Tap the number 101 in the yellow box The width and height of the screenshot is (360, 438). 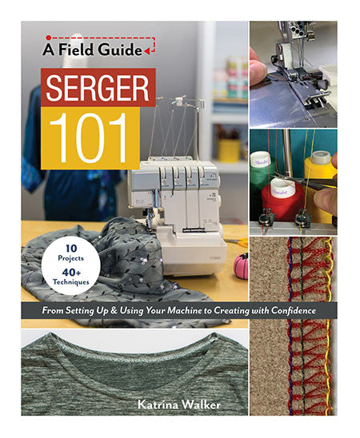[95, 137]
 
